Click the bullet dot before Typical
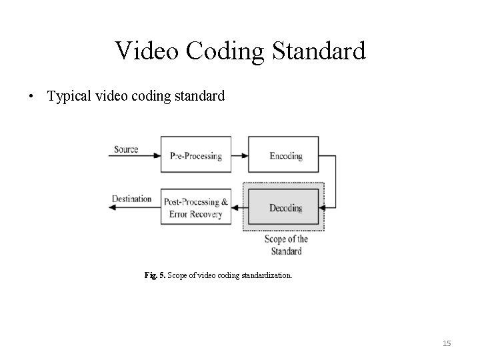[x=31, y=96]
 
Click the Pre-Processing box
[x=196, y=155]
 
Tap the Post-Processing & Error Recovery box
[x=196, y=207]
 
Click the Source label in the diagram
[x=126, y=149]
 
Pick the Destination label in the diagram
[x=131, y=199]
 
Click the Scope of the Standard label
[x=286, y=245]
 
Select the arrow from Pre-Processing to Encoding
[x=240, y=155]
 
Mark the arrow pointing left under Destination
[x=133, y=207]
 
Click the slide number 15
[x=447, y=343]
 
